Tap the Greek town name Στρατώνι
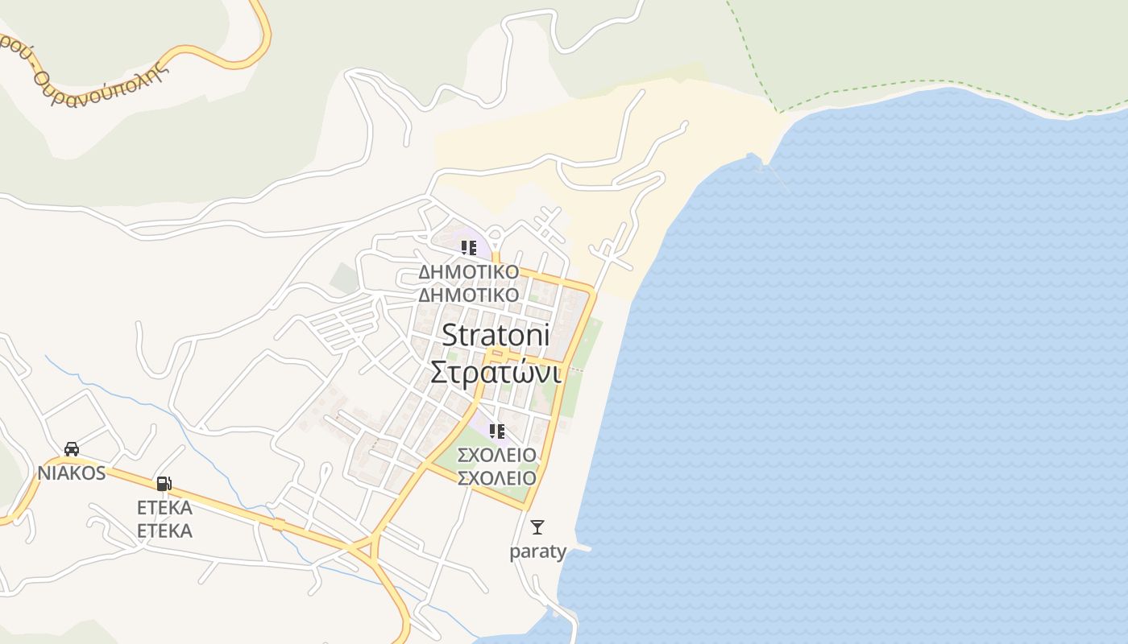(496, 372)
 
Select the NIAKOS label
(71, 473)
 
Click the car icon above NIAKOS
(71, 448)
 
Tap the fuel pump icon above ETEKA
(164, 484)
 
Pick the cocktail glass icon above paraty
(537, 527)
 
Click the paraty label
(537, 551)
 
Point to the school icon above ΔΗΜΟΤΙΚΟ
(468, 248)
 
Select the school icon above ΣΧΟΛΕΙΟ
(496, 431)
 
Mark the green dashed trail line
(927, 81)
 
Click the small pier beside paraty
(581, 547)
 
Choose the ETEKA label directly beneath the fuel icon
(164, 508)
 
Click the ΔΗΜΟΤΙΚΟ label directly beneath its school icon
(468, 271)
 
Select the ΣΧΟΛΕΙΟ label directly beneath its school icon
(496, 455)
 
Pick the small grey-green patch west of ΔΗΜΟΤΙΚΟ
(344, 277)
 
